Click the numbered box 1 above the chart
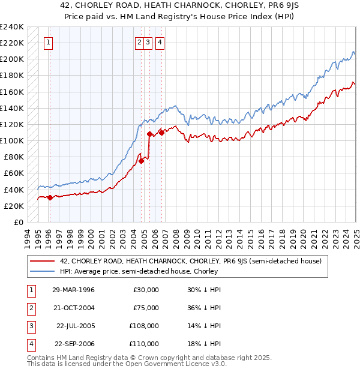click(x=48, y=43)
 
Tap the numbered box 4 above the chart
click(x=160, y=43)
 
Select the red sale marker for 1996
click(x=50, y=197)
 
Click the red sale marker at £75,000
click(x=142, y=161)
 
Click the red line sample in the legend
click(x=42, y=261)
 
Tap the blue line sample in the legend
click(x=42, y=271)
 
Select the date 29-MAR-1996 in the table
click(x=73, y=290)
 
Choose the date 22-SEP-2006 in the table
click(x=74, y=344)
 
